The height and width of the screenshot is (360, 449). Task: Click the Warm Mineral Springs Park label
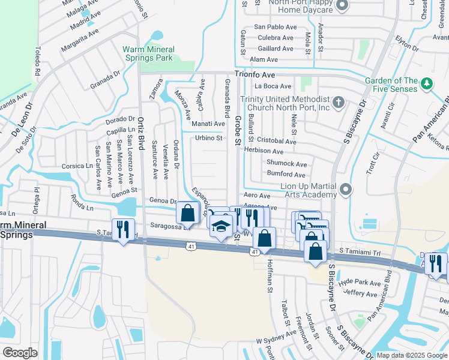[148, 53]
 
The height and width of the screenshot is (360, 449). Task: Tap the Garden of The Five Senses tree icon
[427, 82]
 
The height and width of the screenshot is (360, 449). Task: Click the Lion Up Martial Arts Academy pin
[345, 190]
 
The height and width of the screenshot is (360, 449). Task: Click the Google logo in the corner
[20, 353]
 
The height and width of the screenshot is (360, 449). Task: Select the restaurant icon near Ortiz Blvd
[124, 229]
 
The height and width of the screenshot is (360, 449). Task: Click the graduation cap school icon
[221, 227]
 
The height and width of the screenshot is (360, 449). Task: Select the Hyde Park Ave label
[360, 283]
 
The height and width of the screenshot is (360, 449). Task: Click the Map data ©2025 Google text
[411, 355]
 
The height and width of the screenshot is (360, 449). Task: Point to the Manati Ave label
[208, 124]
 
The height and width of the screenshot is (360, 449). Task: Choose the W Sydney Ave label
[276, 340]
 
